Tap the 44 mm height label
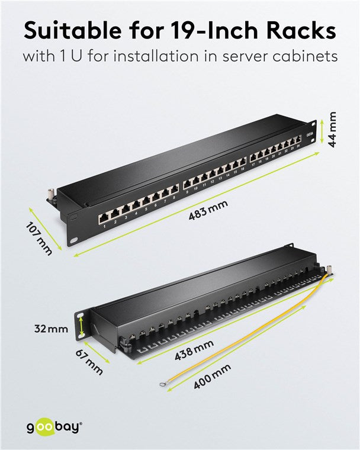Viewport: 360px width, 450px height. pos(333,130)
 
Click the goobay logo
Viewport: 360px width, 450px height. pos(53,426)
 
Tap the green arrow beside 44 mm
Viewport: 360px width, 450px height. pos(321,131)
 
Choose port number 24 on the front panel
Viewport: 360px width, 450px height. pos(299,141)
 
